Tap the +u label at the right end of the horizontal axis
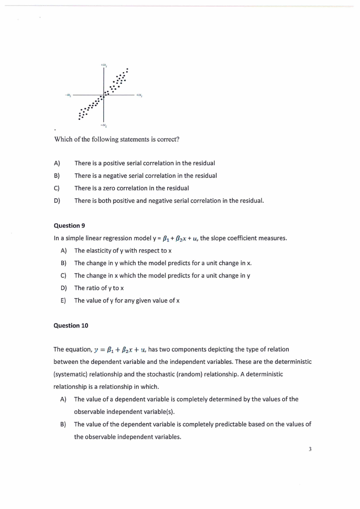click(140, 96)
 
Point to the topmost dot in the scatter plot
click(127, 69)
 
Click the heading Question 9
click(69, 225)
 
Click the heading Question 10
click(71, 325)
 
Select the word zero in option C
click(107, 188)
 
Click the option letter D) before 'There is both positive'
click(57, 201)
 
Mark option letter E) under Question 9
click(63, 300)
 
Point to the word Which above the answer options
click(63, 139)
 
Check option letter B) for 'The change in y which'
click(63, 263)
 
